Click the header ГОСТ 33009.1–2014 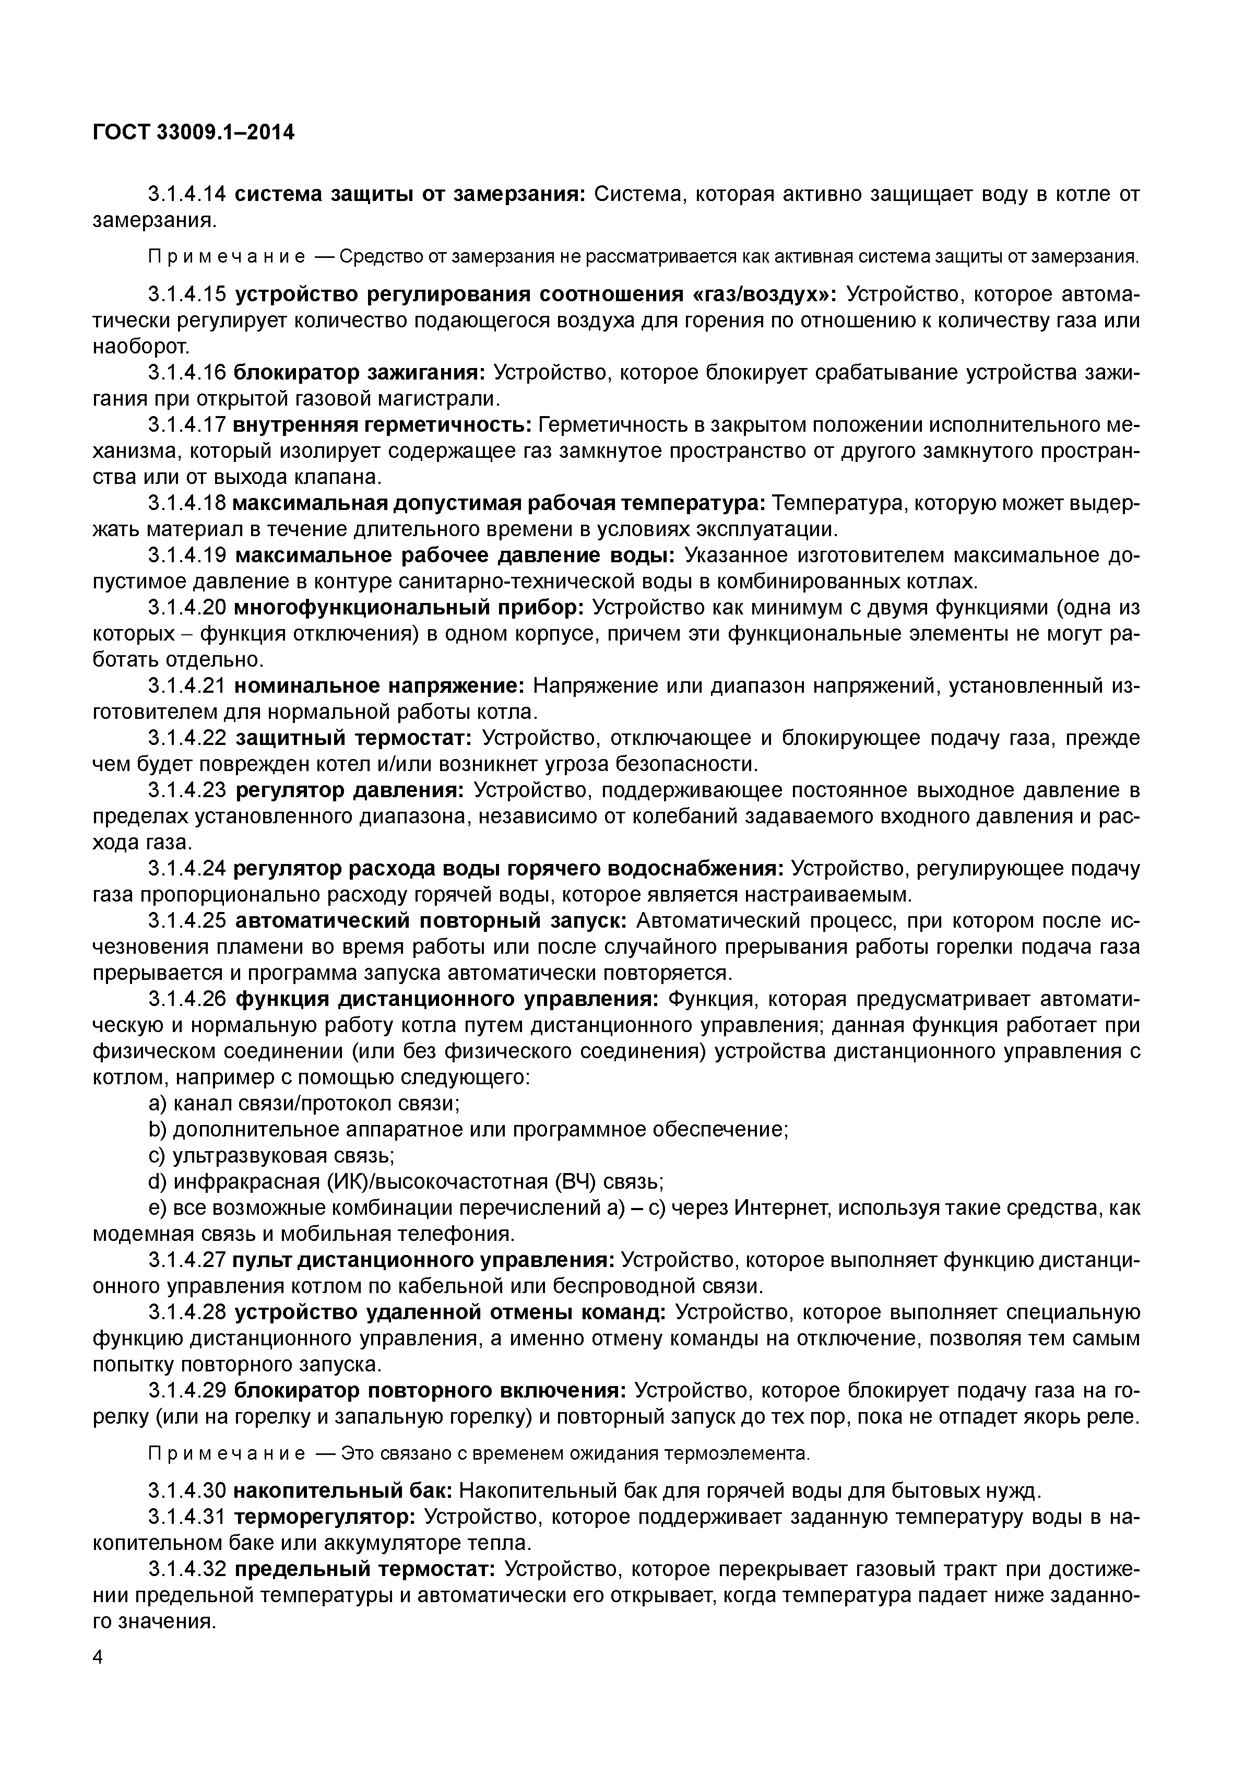tap(193, 133)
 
